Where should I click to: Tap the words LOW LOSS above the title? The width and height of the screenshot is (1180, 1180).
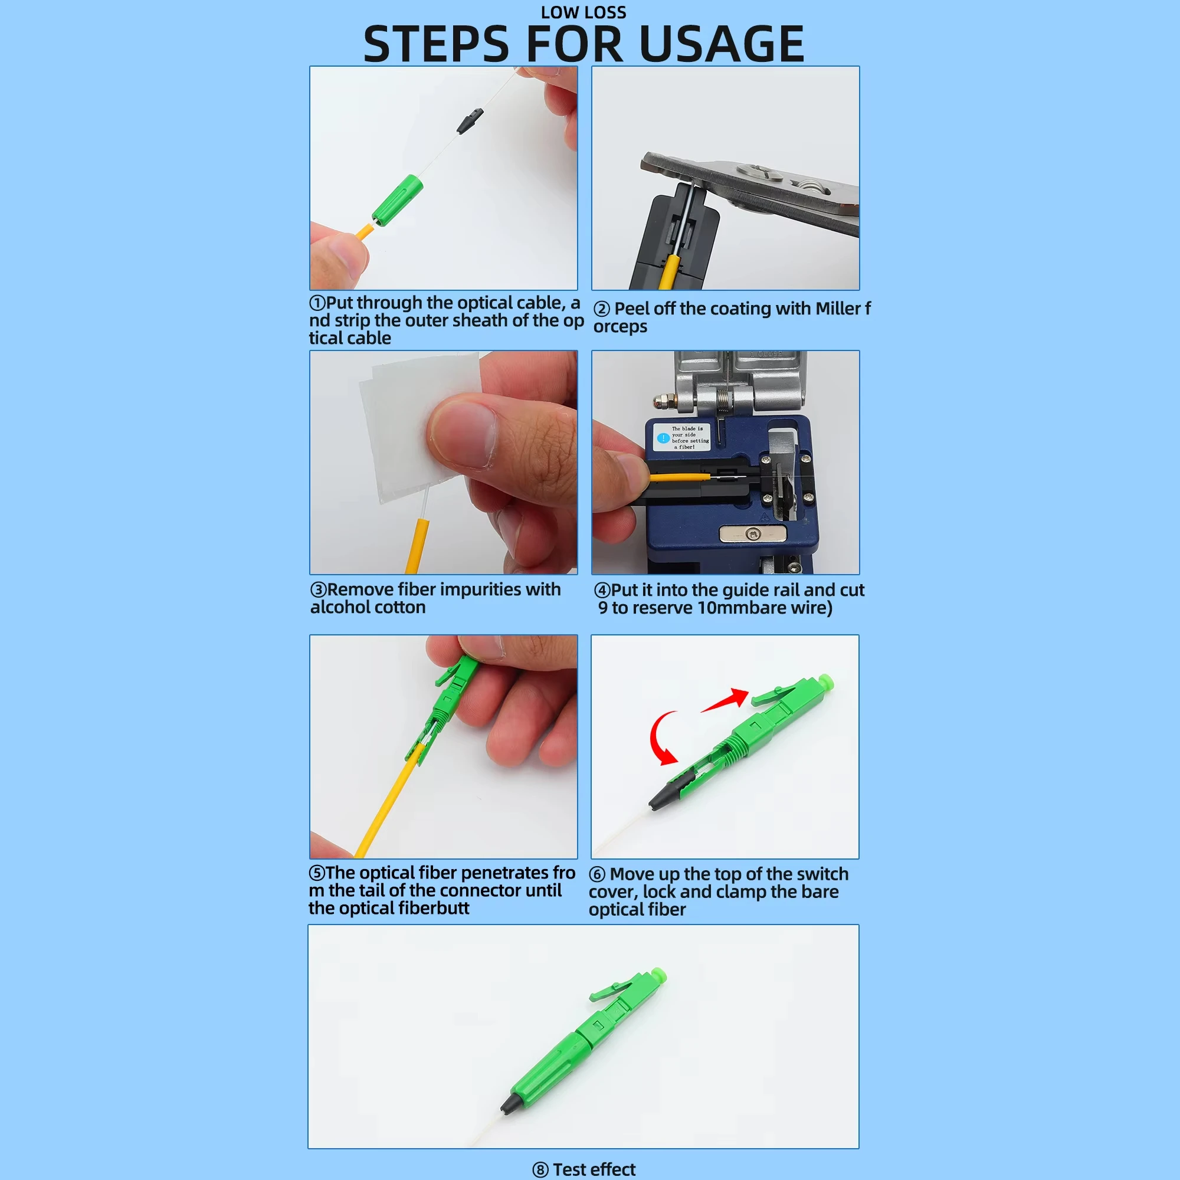click(584, 12)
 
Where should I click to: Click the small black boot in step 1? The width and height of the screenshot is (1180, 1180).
click(470, 121)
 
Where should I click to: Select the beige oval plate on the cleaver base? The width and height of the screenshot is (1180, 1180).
click(752, 535)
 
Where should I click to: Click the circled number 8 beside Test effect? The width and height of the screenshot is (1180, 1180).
click(540, 1169)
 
